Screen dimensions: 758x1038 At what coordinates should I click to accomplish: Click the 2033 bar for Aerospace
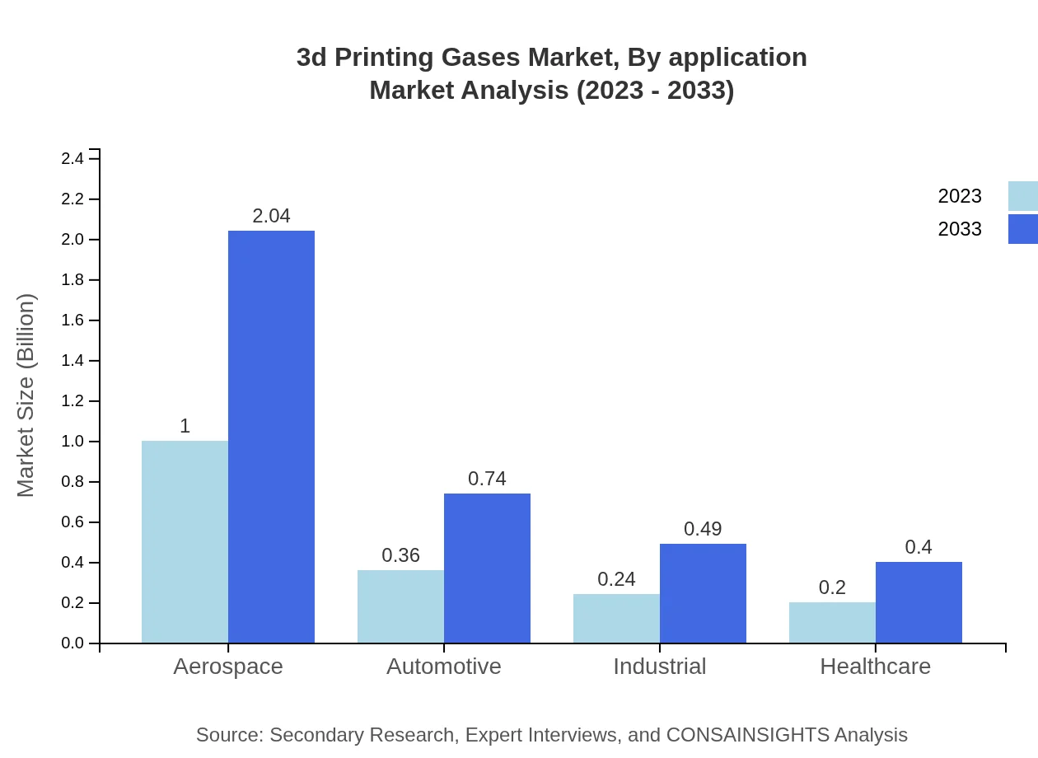tap(271, 437)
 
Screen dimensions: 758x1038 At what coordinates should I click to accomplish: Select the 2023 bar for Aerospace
tap(185, 541)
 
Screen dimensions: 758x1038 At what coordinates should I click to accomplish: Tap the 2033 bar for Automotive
tap(487, 568)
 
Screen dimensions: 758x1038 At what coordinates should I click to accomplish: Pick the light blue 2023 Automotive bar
tap(400, 606)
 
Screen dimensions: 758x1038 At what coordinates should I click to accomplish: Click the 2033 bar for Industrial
tap(703, 593)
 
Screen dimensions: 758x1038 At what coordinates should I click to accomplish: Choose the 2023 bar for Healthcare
tap(832, 622)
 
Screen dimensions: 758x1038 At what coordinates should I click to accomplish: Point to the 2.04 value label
tap(271, 216)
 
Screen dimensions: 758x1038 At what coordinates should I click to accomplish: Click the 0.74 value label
tap(487, 479)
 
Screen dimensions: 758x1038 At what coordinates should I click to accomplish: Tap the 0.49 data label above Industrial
tap(703, 529)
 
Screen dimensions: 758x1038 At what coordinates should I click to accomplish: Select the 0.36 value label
tap(400, 555)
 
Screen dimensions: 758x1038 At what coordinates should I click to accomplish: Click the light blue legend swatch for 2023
tap(1022, 196)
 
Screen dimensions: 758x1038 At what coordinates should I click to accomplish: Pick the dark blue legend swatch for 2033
tap(1022, 229)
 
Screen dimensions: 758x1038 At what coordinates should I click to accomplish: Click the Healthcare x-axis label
tap(875, 666)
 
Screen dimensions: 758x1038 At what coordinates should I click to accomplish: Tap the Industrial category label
tap(659, 666)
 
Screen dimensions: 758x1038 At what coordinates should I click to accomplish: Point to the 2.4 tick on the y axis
tap(73, 158)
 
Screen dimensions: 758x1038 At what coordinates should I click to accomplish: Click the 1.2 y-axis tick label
tap(73, 401)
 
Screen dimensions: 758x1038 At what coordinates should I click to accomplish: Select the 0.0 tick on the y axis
tap(73, 643)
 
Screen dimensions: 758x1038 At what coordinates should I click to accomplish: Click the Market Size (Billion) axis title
tap(26, 395)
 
